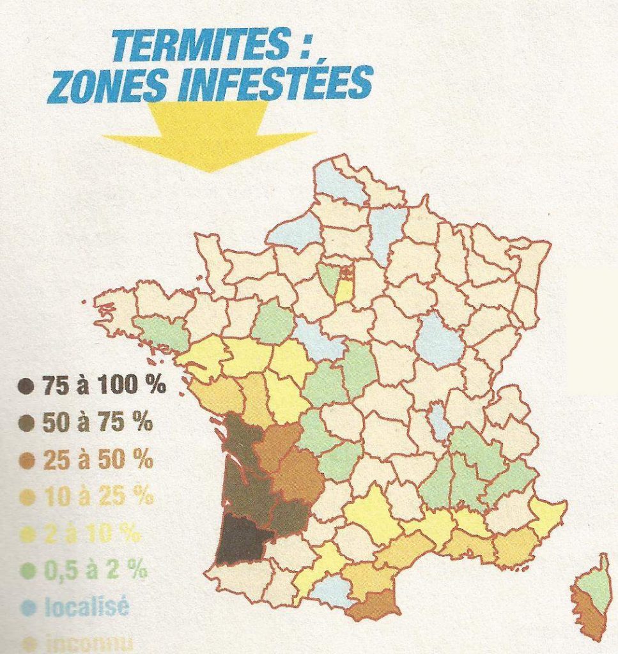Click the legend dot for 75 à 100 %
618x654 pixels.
pos(26,386)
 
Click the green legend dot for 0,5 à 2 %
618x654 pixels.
pos(26,570)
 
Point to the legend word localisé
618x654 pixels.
pos(86,605)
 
